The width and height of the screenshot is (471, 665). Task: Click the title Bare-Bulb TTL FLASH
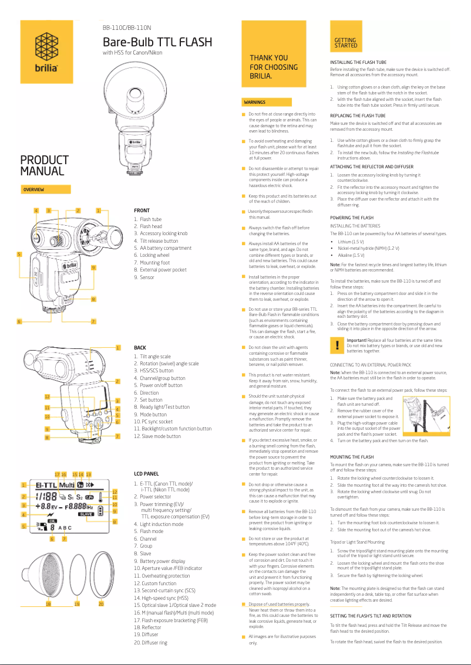157,42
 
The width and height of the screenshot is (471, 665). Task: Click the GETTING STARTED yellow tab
345,43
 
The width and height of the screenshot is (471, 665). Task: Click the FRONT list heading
142,210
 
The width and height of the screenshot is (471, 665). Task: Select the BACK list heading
140,348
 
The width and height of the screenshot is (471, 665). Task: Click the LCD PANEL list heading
147,473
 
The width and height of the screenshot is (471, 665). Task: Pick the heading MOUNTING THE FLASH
352,456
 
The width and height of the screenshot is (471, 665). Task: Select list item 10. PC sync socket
153,421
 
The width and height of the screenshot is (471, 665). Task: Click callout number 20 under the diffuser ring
101,603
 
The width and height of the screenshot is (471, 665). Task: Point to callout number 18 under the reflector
48,603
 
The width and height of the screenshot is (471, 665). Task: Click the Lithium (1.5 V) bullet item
351,241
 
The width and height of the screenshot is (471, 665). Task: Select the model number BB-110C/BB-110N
127,28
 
